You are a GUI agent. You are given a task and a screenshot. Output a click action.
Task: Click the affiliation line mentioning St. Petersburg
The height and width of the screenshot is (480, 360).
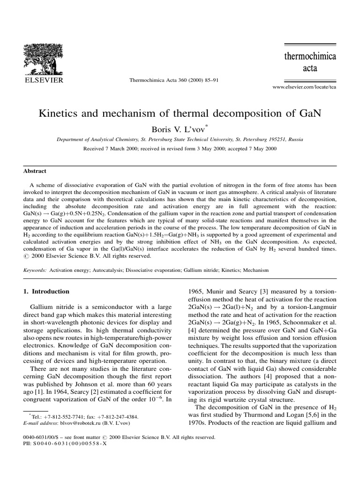(180, 139)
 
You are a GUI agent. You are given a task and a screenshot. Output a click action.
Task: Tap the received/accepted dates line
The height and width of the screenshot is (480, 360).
(180, 148)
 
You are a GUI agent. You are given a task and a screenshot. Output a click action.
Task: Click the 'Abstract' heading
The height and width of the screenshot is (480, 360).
(35, 172)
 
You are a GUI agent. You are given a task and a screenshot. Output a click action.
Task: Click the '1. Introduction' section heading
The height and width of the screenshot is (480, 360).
(46, 291)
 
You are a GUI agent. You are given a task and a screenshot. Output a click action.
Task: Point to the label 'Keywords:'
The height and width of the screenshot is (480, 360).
(35, 271)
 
